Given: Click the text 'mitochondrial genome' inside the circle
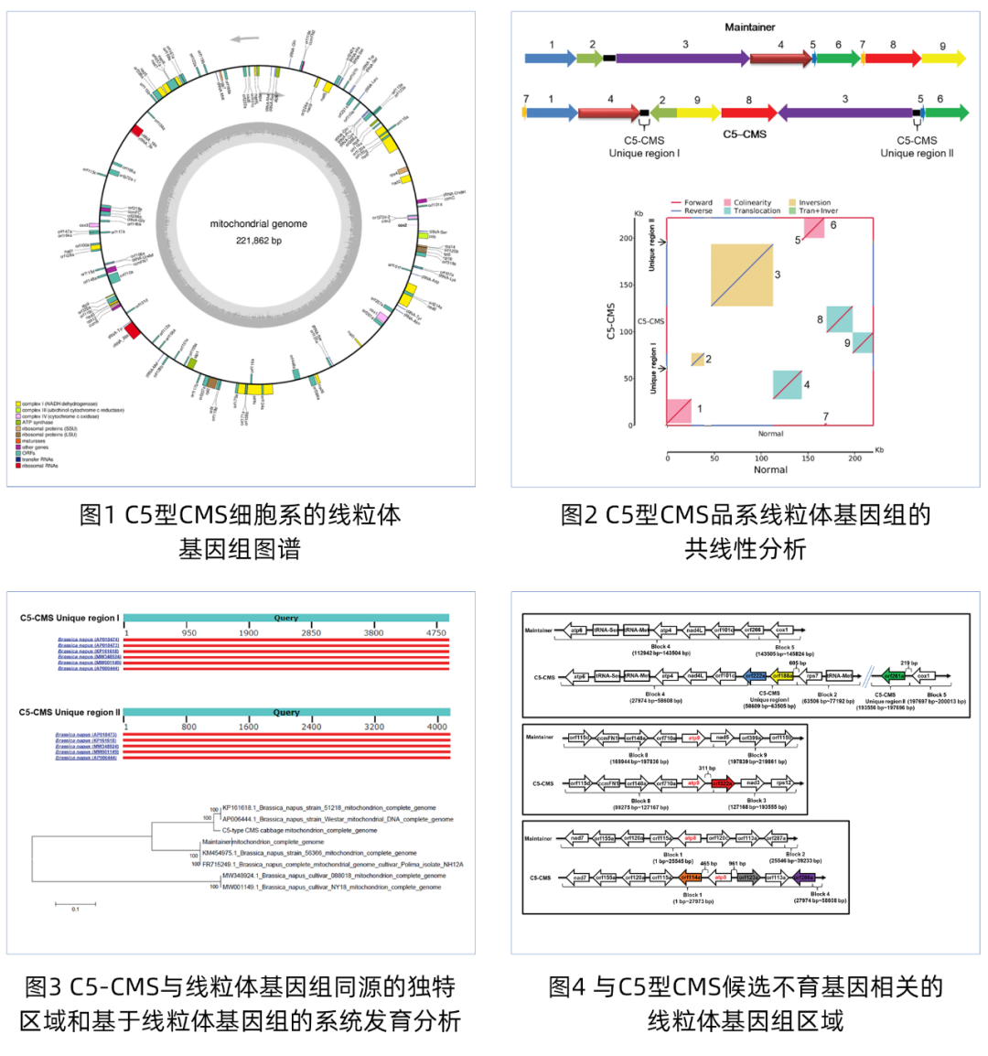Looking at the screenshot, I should pyautogui.click(x=259, y=224).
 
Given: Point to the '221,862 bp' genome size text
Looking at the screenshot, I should pyautogui.click(x=259, y=241).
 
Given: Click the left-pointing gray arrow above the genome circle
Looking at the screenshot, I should pyautogui.click(x=244, y=38).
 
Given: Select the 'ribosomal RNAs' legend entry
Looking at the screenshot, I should pyautogui.click(x=38, y=466).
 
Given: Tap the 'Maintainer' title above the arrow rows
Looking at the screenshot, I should pyautogui.click(x=749, y=27).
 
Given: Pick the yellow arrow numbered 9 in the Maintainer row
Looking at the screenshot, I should pyautogui.click(x=943, y=59).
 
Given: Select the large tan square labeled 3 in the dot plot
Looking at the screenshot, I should pyautogui.click(x=742, y=275).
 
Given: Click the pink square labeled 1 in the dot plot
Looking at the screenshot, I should pyautogui.click(x=679, y=411).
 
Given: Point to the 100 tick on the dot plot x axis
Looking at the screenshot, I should pyautogui.click(x=761, y=458).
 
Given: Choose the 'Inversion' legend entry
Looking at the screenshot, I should pyautogui.click(x=814, y=202).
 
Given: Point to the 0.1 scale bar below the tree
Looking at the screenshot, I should pyautogui.click(x=75, y=906).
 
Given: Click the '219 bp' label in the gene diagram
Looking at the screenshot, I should pyautogui.click(x=908, y=663).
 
